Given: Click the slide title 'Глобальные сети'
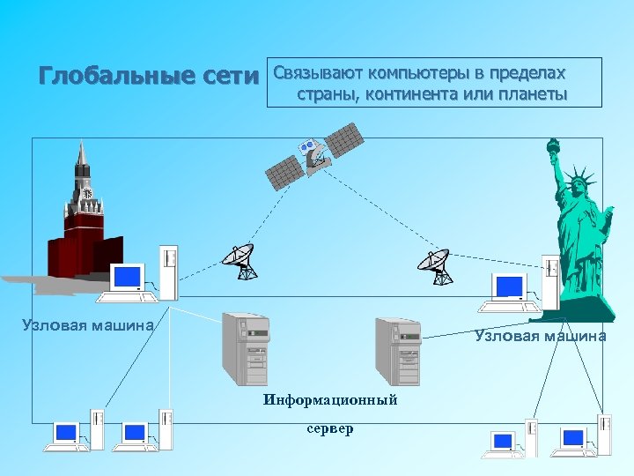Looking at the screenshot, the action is pyautogui.click(x=150, y=77).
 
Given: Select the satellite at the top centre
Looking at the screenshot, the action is pyautogui.click(x=315, y=154).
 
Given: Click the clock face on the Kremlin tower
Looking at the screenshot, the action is pyautogui.click(x=86, y=192).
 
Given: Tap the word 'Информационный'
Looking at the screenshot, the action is pyautogui.click(x=330, y=401).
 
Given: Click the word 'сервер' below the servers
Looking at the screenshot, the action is pyautogui.click(x=330, y=429).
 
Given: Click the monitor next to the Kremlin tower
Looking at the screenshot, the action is pyautogui.click(x=126, y=277).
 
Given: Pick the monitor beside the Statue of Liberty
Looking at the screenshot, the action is pyautogui.click(x=510, y=286).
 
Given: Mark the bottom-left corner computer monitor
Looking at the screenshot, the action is pyautogui.click(x=66, y=432).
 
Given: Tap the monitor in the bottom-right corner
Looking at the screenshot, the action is pyautogui.click(x=573, y=437).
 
